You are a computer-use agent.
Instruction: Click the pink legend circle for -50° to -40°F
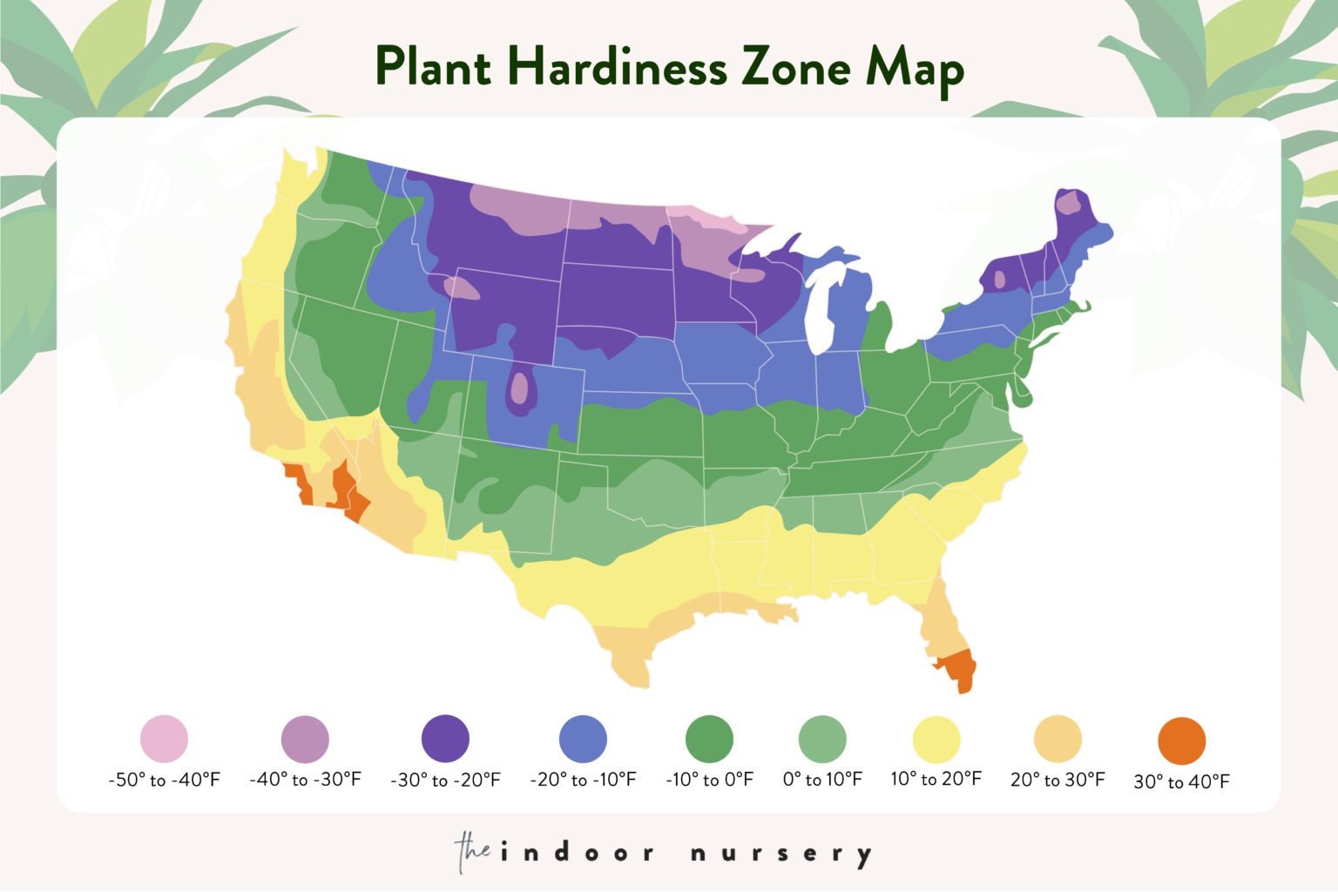[164, 739]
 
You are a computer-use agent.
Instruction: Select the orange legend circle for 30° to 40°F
[1181, 741]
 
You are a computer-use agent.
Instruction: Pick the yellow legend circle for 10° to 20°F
[936, 740]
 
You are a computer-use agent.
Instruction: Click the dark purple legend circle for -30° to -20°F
[445, 739]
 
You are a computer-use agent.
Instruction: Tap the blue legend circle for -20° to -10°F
[583, 739]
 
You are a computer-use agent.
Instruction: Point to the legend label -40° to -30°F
[305, 780]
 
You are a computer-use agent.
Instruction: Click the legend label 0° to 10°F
[822, 780]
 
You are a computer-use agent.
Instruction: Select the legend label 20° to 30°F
[1058, 780]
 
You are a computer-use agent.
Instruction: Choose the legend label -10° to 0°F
[709, 780]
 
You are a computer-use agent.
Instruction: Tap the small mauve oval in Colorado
[520, 388]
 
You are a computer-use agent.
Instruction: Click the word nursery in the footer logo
[780, 853]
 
